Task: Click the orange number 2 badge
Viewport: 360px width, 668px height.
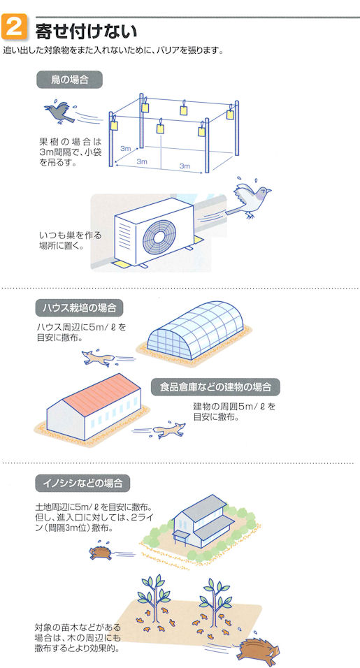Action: coord(15,27)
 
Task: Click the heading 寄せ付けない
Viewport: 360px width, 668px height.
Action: coord(86,31)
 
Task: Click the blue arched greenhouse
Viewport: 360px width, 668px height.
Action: coord(195,331)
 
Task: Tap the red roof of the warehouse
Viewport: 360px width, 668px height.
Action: coord(101,395)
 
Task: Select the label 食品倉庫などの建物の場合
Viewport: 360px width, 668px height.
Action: coord(215,387)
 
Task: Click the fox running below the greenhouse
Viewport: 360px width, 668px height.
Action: coord(99,358)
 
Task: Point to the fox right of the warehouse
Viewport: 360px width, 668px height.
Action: coord(169,430)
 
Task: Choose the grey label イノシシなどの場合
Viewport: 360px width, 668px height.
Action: coord(82,483)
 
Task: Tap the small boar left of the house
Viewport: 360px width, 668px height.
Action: coord(101,553)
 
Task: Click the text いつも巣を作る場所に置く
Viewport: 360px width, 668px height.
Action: coord(71,240)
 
